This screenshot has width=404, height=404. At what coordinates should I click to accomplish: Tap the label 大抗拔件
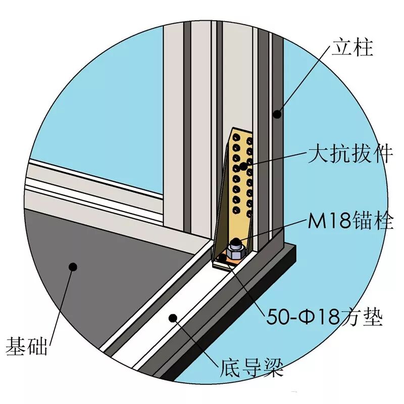pos(350,154)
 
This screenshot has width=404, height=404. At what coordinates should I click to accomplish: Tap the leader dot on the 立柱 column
pos(277,115)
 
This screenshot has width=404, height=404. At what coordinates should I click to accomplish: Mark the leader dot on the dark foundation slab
pos(73,266)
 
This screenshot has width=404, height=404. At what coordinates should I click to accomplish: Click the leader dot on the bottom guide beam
pos(173,318)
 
